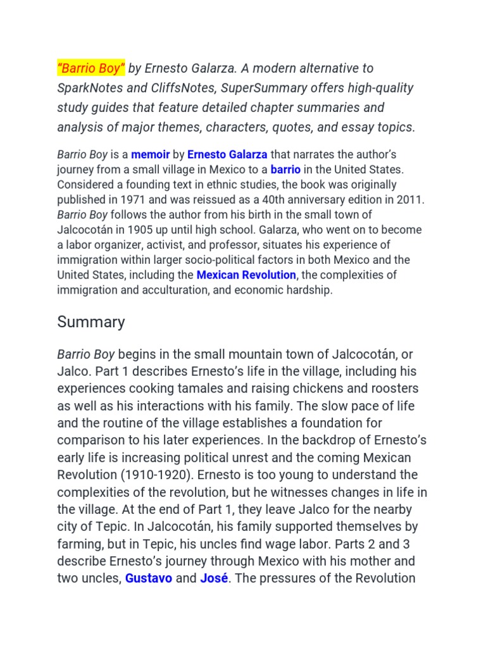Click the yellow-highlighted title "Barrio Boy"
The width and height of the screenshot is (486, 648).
(91, 68)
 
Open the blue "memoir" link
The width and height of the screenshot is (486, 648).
(151, 154)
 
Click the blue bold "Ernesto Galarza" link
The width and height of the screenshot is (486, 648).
(227, 154)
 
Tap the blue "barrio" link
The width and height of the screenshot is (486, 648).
(285, 170)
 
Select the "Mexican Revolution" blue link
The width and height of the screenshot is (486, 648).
(246, 275)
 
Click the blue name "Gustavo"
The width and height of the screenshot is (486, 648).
(149, 578)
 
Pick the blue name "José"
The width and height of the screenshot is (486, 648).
(214, 578)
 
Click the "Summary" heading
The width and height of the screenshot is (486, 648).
(91, 321)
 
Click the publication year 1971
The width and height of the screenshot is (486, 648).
(127, 200)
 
